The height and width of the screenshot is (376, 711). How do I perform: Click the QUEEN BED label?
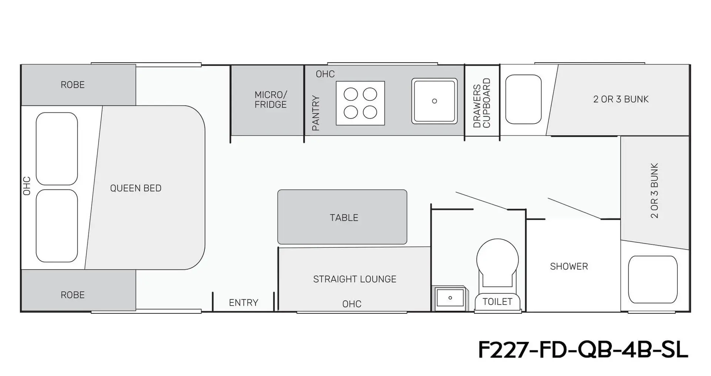pyautogui.click(x=136, y=188)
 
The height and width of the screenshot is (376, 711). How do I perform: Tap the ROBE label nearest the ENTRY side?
pyautogui.click(x=73, y=295)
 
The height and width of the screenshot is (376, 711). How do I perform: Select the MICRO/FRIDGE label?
pyautogui.click(x=271, y=100)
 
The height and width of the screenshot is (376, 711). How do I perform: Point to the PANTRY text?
pyautogui.click(x=316, y=113)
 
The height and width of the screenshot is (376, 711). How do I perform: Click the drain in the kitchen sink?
pyautogui.click(x=434, y=101)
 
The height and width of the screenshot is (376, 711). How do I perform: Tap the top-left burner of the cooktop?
pyautogui.click(x=351, y=94)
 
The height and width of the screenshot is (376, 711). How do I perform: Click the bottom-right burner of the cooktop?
pyautogui.click(x=370, y=112)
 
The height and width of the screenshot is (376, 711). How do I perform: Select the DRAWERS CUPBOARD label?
pyautogui.click(x=482, y=103)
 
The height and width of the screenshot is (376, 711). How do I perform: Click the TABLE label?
pyautogui.click(x=344, y=217)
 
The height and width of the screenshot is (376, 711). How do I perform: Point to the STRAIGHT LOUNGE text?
pyautogui.click(x=355, y=279)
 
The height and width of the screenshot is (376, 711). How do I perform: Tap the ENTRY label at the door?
pyautogui.click(x=243, y=303)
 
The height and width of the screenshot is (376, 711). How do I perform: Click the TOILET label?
pyautogui.click(x=497, y=302)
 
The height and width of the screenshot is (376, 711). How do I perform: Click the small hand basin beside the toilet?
pyautogui.click(x=450, y=298)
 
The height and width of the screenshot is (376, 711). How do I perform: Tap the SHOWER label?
pyautogui.click(x=569, y=266)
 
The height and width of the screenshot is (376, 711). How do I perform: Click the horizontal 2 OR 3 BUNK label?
pyautogui.click(x=621, y=99)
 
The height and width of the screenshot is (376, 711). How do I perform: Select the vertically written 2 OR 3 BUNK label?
pyautogui.click(x=654, y=190)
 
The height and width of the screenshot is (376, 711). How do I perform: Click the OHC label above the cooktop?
pyautogui.click(x=325, y=74)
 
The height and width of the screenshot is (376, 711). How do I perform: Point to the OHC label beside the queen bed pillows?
pyautogui.click(x=27, y=186)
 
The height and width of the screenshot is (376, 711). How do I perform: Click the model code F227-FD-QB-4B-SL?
pyautogui.click(x=583, y=350)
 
